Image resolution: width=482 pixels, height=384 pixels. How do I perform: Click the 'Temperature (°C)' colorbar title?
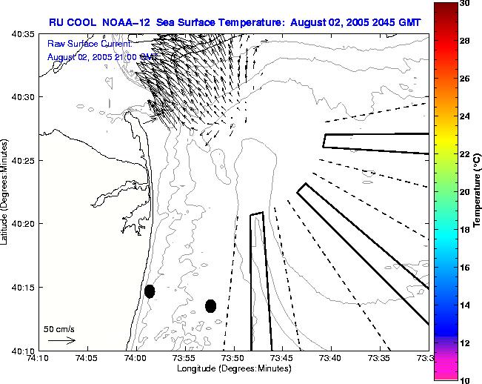click(x=478, y=192)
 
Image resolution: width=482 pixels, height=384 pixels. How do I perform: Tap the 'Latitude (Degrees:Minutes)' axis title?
click(x=6, y=192)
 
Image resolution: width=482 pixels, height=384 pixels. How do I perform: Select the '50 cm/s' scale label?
click(x=59, y=328)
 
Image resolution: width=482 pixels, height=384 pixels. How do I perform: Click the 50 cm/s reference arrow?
click(x=61, y=340)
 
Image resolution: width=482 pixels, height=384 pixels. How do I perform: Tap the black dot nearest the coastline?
click(x=150, y=291)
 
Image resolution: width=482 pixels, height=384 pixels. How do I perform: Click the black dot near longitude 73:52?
click(x=211, y=305)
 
